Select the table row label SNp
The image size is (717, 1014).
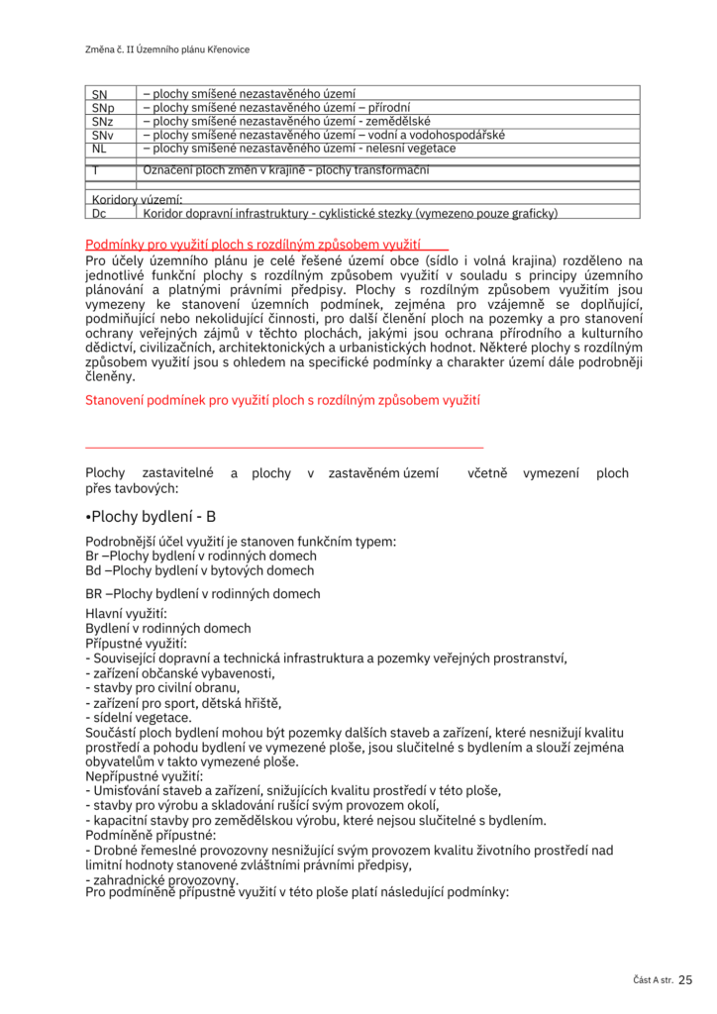[103, 108]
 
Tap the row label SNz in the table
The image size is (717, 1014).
[102, 122]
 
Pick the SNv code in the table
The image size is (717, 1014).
[102, 136]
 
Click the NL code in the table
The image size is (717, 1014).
[99, 149]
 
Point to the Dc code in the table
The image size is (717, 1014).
[99, 213]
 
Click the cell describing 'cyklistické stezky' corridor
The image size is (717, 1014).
[351, 213]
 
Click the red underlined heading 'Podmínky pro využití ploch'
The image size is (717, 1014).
[254, 244]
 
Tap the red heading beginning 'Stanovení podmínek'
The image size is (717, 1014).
[283, 400]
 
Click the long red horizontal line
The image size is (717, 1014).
[285, 449]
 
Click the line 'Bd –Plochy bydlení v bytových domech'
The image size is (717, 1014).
[201, 570]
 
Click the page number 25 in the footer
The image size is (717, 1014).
[686, 979]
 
